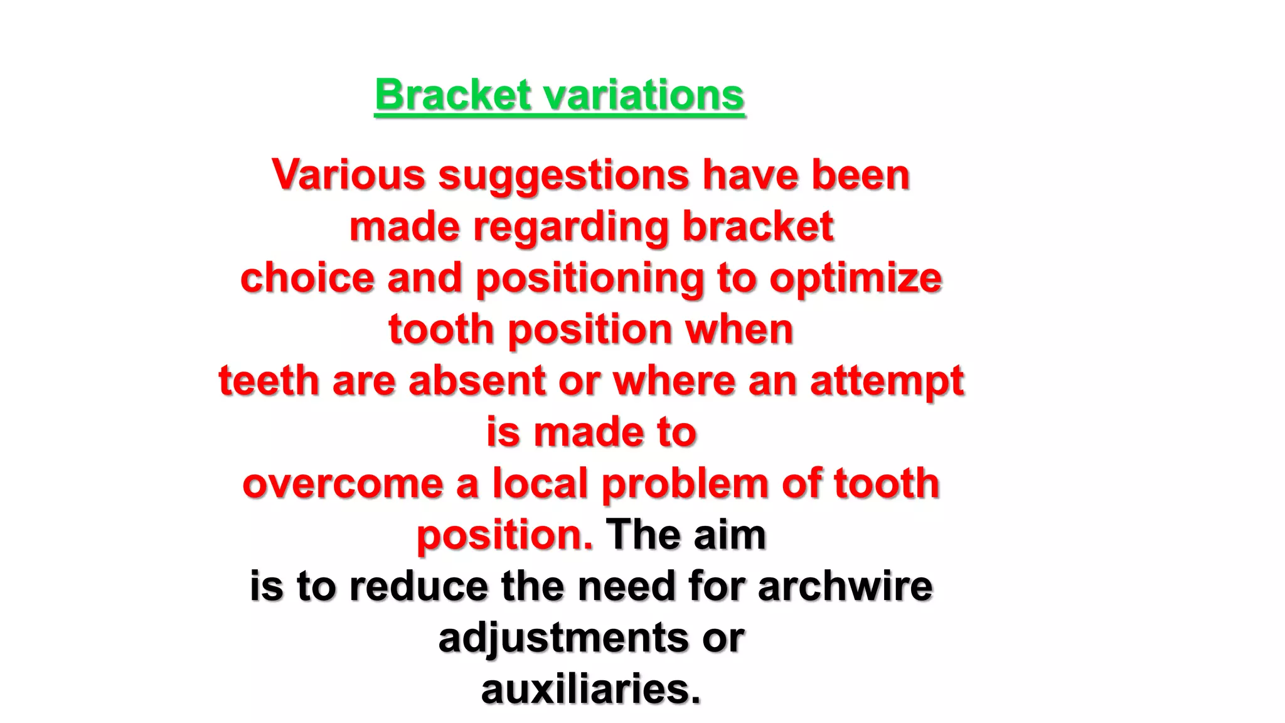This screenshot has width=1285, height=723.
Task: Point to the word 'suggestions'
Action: pyautogui.click(x=563, y=176)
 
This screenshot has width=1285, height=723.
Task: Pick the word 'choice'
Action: pyautogui.click(x=307, y=278)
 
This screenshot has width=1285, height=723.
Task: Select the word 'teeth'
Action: pyautogui.click(x=269, y=381)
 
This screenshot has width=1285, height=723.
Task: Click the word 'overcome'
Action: pyautogui.click(x=343, y=484)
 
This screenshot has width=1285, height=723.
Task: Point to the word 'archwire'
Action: pyautogui.click(x=845, y=587)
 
